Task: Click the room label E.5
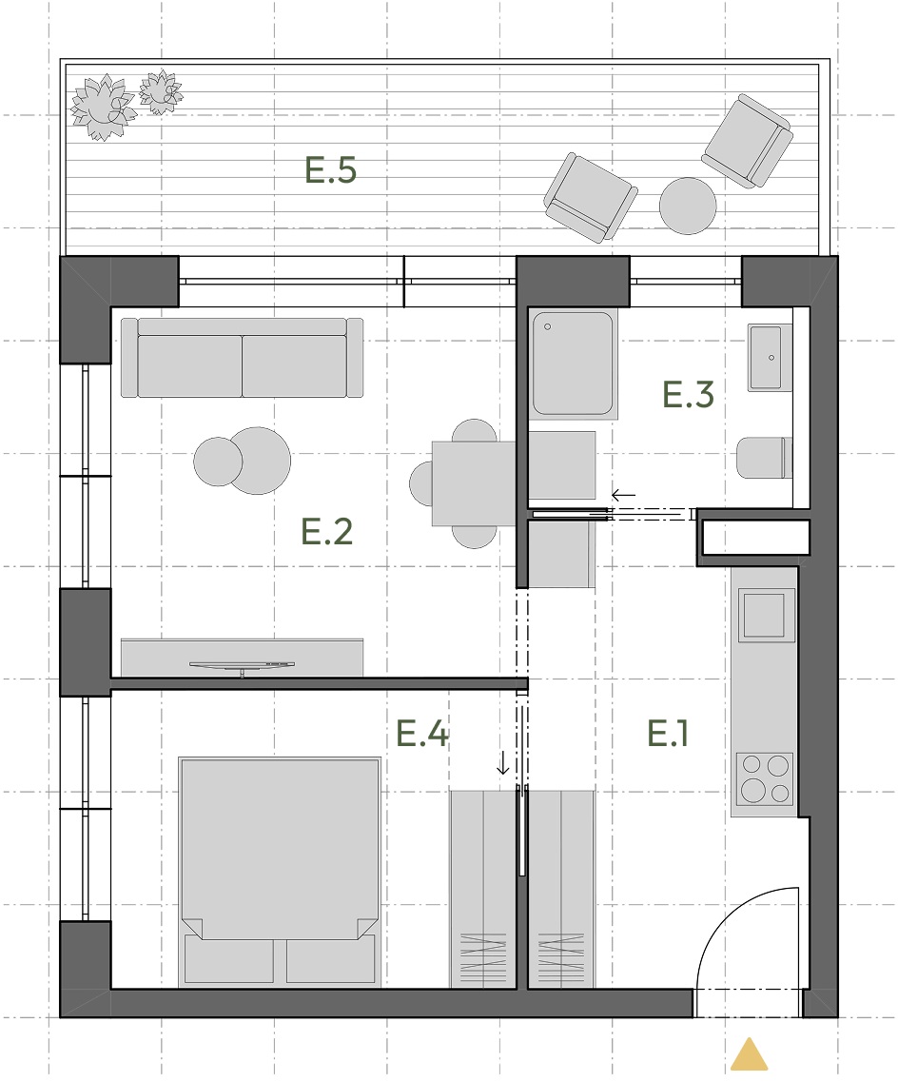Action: point(330,170)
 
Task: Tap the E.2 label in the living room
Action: point(327,531)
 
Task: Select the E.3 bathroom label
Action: point(688,394)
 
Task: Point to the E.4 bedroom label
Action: point(422,733)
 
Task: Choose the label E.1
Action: point(668,733)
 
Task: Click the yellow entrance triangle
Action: point(749,1053)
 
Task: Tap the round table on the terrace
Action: point(688,206)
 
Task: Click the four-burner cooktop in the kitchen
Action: point(765,779)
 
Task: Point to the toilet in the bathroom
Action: point(764,458)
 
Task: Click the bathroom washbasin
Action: point(770,358)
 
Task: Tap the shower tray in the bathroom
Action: point(573,364)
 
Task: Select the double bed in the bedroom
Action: point(280,871)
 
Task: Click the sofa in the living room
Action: point(242,358)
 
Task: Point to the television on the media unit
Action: point(242,666)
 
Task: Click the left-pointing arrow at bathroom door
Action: point(623,495)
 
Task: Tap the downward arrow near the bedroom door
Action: point(503,762)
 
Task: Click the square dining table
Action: point(475,483)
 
